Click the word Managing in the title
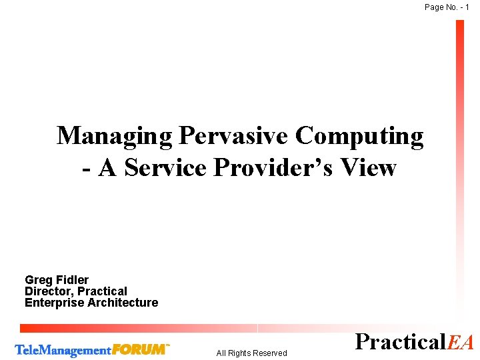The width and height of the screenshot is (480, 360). point(114,137)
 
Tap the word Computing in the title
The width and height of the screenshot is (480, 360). point(359,137)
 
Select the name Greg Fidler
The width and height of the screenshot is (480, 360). point(57,280)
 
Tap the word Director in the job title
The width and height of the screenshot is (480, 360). point(49,291)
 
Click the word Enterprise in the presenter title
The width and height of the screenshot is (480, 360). point(54,303)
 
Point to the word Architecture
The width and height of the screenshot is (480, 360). point(123,303)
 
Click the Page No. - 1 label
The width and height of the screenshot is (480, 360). point(447,7)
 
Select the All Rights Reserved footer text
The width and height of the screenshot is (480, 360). point(251,353)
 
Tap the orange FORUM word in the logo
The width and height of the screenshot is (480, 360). point(140,349)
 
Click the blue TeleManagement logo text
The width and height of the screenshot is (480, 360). point(63,350)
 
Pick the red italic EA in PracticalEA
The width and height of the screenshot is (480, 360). point(461,342)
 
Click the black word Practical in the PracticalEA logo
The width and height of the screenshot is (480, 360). point(401,341)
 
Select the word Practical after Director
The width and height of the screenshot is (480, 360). point(102,291)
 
